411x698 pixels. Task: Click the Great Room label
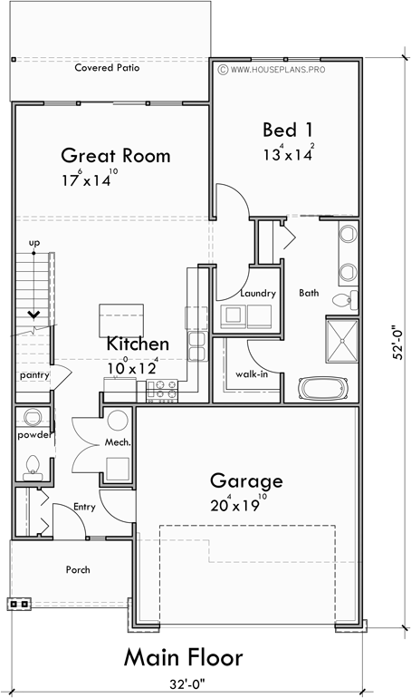[115, 155]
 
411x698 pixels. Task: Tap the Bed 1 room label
[288, 129]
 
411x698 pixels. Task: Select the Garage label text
[246, 480]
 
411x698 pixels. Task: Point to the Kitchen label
[138, 344]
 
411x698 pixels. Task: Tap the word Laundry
[257, 294]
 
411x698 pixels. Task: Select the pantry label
[33, 374]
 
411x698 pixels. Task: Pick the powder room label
[32, 435]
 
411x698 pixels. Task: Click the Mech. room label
[118, 443]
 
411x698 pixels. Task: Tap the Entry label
[84, 508]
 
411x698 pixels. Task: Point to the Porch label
[77, 570]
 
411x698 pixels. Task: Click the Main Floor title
[183, 656]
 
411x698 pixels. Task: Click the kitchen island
[119, 319]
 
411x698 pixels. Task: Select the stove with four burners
[162, 390]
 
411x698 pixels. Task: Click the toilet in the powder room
[33, 465]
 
